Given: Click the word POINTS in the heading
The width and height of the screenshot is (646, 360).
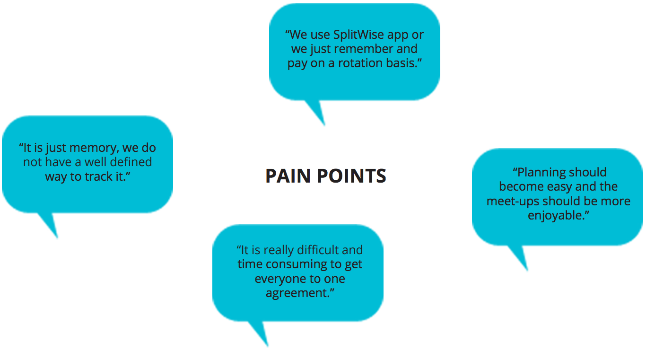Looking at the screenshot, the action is pyautogui.click(x=351, y=176).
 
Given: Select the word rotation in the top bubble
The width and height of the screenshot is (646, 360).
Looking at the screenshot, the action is pyautogui.click(x=360, y=63).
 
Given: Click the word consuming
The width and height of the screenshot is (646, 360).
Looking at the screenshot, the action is pyautogui.click(x=296, y=264).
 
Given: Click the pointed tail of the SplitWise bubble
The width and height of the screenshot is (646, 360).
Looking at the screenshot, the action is pyautogui.click(x=324, y=125).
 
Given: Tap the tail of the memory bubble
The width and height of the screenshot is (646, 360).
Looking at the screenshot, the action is pyautogui.click(x=57, y=237).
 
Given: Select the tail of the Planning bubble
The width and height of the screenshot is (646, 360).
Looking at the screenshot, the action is pyautogui.click(x=527, y=270).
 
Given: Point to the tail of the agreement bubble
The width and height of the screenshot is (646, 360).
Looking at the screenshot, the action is pyautogui.click(x=267, y=346).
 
